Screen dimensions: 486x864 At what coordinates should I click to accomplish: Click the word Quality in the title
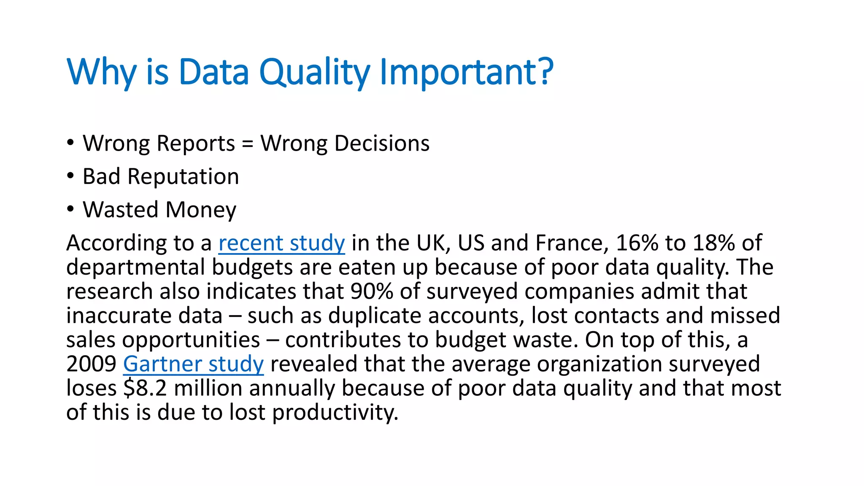tap(314, 73)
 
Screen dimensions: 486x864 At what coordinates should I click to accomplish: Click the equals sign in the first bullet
tap(248, 144)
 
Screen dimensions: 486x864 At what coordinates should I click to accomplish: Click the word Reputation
tap(183, 177)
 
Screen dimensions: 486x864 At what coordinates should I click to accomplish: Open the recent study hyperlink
tap(281, 243)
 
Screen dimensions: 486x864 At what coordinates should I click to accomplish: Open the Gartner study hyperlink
tap(193, 364)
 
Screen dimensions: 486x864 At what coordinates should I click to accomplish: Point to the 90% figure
tap(372, 292)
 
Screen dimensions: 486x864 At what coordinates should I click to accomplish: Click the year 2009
tap(91, 364)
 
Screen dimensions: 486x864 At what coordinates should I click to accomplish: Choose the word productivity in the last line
tap(335, 413)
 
